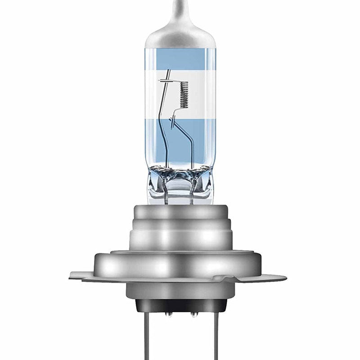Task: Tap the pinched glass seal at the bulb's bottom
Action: click(x=180, y=182)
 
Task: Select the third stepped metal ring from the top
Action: click(x=180, y=238)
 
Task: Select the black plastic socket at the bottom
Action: click(x=180, y=306)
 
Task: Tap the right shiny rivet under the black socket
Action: click(x=192, y=314)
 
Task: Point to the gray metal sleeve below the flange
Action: click(x=180, y=288)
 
